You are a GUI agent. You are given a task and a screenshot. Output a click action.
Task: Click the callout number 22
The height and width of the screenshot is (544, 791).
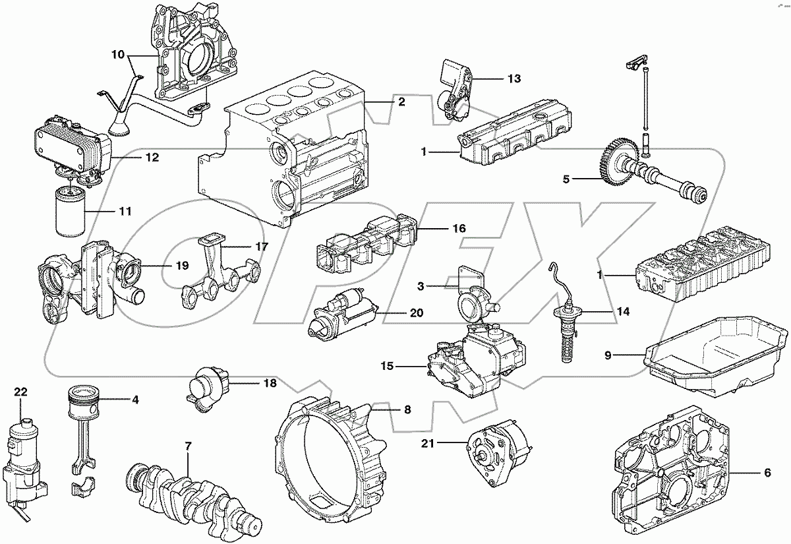pos(21,392)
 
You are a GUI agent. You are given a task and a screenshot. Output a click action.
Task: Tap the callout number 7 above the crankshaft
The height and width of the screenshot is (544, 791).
pos(188,446)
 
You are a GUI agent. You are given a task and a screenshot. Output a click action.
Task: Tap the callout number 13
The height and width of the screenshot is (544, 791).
pos(513,78)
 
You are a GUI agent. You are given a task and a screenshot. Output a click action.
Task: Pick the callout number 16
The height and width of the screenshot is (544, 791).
pos(459,228)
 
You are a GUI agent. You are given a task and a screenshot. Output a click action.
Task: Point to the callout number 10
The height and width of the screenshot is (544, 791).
pos(117,55)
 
